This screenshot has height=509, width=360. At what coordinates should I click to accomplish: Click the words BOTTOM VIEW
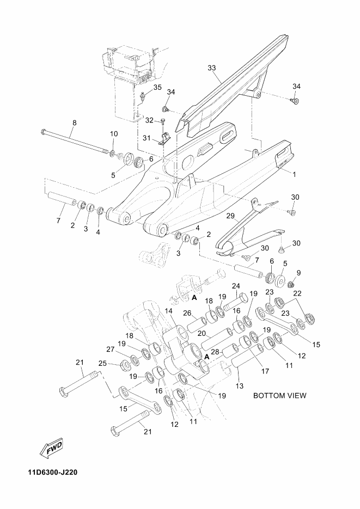[x=279, y=395]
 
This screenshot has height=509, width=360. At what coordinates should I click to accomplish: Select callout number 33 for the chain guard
[x=212, y=68]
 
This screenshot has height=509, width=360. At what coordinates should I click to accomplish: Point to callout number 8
[x=74, y=122]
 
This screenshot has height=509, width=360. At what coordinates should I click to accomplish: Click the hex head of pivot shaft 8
[x=44, y=132]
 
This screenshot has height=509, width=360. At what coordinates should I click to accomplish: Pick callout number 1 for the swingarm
[x=294, y=174]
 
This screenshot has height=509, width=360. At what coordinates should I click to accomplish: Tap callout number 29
[x=230, y=216]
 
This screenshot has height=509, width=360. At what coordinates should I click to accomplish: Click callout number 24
[x=236, y=286]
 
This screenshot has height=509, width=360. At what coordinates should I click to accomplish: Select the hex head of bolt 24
[x=243, y=298]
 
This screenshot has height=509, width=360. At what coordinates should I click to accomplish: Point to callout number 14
[x=168, y=311]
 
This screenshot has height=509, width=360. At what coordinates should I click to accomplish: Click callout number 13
[x=240, y=386]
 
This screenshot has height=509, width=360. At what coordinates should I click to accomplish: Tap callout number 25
[x=102, y=363]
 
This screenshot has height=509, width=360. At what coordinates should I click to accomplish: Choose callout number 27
[x=111, y=349]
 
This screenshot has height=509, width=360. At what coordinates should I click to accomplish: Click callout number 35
[x=157, y=87]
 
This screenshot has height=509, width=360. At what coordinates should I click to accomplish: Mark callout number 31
[x=147, y=138]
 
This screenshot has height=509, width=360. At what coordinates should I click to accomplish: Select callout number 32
[x=149, y=120]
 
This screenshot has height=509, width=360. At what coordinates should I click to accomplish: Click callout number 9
[x=298, y=272]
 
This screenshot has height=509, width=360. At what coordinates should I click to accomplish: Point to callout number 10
[x=114, y=133]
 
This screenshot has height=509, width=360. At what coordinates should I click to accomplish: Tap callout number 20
[x=202, y=333]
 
